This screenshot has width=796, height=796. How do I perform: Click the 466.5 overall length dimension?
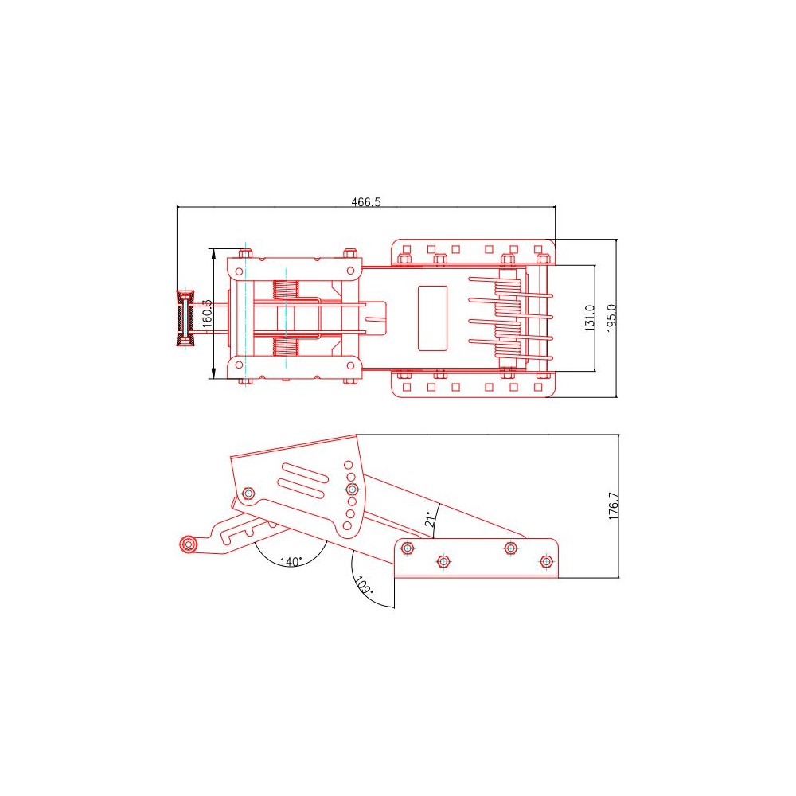click(366, 202)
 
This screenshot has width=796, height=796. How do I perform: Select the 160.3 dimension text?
click(207, 313)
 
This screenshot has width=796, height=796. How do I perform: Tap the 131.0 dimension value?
click(590, 318)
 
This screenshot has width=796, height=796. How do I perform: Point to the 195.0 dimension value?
click(611, 318)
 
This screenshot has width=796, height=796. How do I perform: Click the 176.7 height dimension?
click(614, 506)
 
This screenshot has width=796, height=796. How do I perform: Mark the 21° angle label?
click(431, 519)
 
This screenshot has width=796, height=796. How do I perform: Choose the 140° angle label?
click(291, 561)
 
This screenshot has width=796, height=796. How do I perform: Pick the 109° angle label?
click(364, 585)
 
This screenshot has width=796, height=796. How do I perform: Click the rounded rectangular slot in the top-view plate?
click(432, 318)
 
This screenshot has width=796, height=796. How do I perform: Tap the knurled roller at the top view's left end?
click(185, 318)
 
